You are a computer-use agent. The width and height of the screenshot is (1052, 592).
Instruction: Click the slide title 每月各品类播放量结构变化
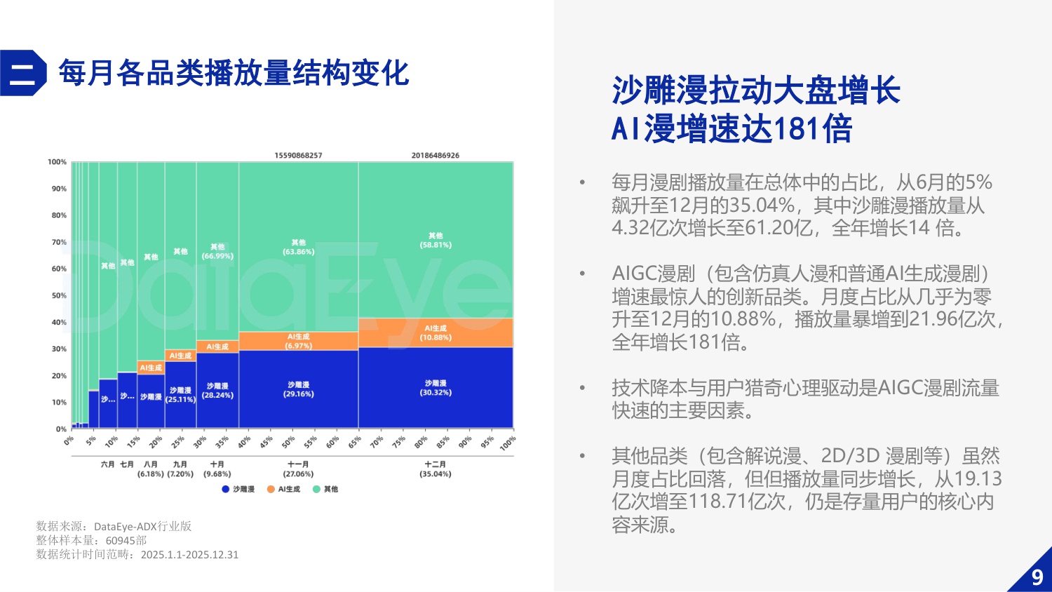234,73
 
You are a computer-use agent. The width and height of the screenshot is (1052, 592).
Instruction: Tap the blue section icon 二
22,73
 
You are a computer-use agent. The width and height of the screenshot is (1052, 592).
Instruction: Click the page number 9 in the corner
1037,577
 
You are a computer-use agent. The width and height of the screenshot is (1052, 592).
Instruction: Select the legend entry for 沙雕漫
238,489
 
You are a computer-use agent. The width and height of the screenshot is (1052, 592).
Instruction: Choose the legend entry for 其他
325,489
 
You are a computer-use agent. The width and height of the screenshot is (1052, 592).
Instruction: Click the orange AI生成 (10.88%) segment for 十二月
436,332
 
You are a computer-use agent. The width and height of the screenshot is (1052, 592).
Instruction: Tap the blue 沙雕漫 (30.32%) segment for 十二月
436,388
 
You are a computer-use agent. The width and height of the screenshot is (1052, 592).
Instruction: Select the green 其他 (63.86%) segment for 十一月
298,246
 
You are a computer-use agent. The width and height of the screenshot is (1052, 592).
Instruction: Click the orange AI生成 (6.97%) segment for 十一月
298,341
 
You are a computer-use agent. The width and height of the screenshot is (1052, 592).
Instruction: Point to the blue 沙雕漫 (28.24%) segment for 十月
217,391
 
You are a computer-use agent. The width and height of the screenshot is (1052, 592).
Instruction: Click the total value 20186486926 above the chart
435,155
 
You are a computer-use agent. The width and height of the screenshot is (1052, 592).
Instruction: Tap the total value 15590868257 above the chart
298,155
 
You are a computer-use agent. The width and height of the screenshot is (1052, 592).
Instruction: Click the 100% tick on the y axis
57,162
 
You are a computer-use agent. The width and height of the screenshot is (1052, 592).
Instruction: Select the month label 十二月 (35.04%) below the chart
435,469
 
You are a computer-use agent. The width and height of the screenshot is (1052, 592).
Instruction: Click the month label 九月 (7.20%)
180,469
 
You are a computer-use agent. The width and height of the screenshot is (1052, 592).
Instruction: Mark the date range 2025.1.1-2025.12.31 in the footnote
189,554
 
